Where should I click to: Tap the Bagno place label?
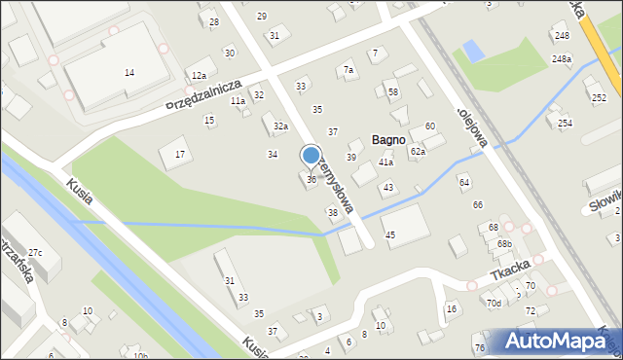click(387, 140)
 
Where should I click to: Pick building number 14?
click(129, 73)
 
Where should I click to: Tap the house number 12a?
click(199, 75)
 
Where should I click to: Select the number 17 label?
click(179, 155)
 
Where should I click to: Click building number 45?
click(389, 235)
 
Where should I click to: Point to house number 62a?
click(418, 151)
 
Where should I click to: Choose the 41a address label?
click(385, 162)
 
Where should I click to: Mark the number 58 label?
click(393, 92)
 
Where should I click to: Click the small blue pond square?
click(472, 49)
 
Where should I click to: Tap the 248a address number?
click(562, 59)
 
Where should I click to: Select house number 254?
click(565, 123)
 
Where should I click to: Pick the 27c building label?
click(35, 253)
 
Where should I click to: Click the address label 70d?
click(495, 304)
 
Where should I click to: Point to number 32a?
click(280, 126)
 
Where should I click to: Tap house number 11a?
click(238, 100)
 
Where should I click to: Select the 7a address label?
click(348, 70)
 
